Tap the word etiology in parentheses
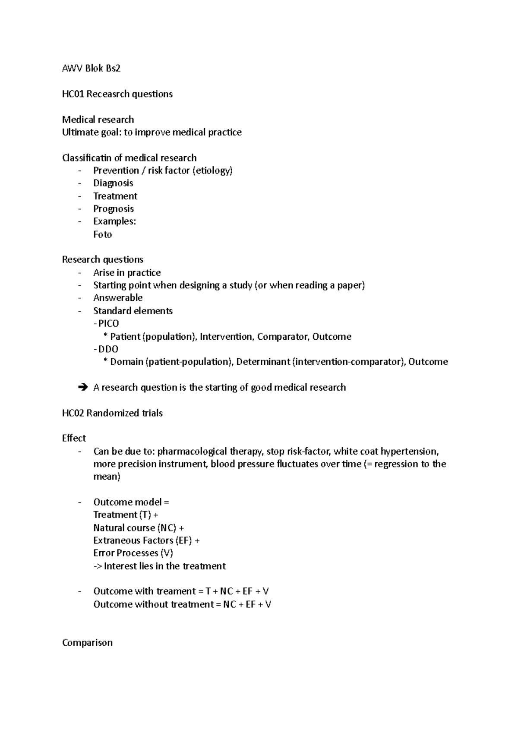click(x=212, y=171)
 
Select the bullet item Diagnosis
click(x=113, y=183)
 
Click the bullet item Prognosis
click(x=114, y=209)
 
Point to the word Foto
click(x=102, y=234)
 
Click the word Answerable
click(x=118, y=298)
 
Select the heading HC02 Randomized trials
click(x=112, y=413)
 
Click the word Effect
click(x=74, y=438)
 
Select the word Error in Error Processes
click(x=104, y=553)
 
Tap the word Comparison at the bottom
click(x=87, y=643)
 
